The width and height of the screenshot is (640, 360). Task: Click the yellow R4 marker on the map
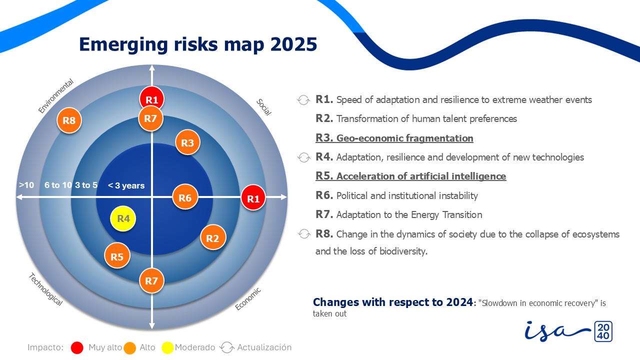(x=123, y=219)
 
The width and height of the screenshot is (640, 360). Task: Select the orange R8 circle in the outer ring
(x=69, y=120)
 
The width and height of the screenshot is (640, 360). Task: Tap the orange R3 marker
(x=187, y=143)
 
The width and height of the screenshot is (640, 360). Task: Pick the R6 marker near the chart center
(x=185, y=198)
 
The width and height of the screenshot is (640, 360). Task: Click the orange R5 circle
(x=117, y=257)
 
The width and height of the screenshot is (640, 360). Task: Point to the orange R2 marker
(x=213, y=238)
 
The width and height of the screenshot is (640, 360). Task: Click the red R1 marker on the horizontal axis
(x=253, y=198)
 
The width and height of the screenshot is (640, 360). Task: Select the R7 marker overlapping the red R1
(x=151, y=119)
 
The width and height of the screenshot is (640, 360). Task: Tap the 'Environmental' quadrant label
(x=56, y=96)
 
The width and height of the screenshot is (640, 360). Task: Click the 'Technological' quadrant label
(x=45, y=289)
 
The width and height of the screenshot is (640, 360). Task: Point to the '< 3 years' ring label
(x=126, y=186)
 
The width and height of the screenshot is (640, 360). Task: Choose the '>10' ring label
(x=26, y=185)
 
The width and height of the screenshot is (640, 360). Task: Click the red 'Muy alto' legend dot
(x=77, y=347)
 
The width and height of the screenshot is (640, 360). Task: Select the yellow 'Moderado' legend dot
(x=167, y=347)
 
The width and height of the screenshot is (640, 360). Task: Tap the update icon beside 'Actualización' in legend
(x=227, y=347)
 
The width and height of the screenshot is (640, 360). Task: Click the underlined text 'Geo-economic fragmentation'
(x=404, y=138)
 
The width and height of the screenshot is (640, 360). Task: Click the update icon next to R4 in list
(x=303, y=157)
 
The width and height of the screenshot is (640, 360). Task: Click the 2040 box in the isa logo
(x=602, y=332)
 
